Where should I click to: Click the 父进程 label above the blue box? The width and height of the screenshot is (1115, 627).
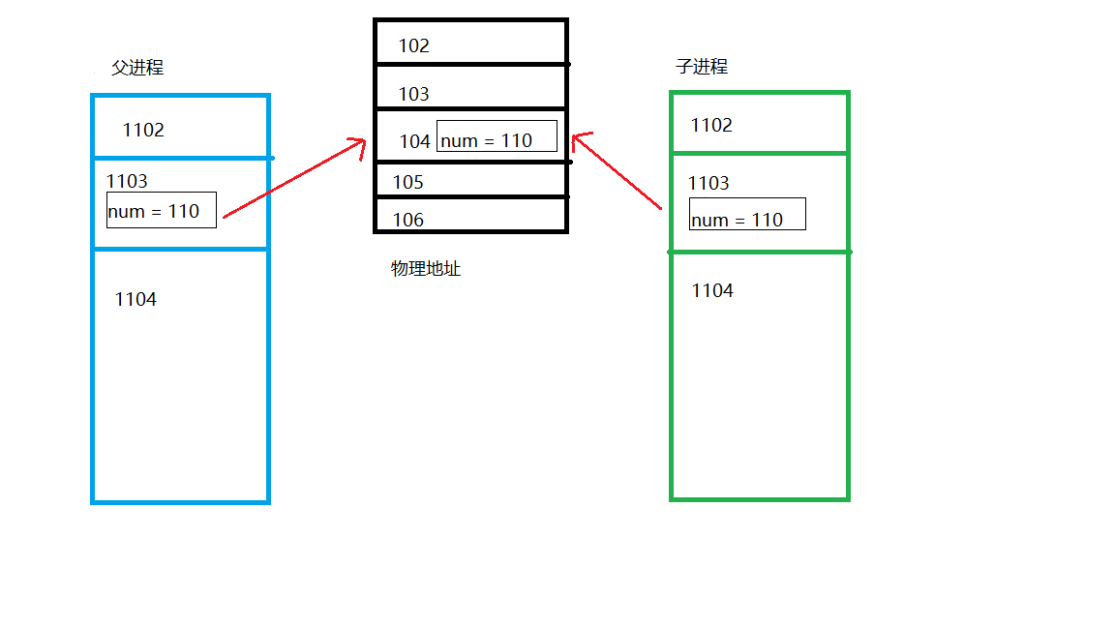coord(137,68)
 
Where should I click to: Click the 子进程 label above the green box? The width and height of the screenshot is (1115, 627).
coord(702,67)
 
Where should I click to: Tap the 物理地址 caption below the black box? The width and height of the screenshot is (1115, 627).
coord(426,269)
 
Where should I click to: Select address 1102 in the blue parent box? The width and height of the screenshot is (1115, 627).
coord(143,131)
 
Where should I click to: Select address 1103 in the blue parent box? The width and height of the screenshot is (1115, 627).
coord(127,181)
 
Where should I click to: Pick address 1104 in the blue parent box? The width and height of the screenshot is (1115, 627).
coord(136,300)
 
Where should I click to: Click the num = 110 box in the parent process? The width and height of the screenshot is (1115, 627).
coord(161,210)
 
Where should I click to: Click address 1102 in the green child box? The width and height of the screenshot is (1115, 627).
coord(711,126)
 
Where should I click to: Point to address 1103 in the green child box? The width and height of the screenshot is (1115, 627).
coord(708,184)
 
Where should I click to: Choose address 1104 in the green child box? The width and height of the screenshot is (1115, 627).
coord(712,291)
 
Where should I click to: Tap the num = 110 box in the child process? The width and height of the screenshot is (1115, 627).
coord(747,215)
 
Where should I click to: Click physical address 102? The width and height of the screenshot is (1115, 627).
coord(413,46)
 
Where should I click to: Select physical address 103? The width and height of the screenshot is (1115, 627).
coord(413,95)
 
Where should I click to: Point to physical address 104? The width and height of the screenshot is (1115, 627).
coord(414,141)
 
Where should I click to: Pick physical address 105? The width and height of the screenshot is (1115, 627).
coord(407,183)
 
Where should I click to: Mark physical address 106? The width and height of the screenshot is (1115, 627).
coord(407,221)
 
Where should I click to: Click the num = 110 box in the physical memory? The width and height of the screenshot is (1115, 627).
coord(497,137)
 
